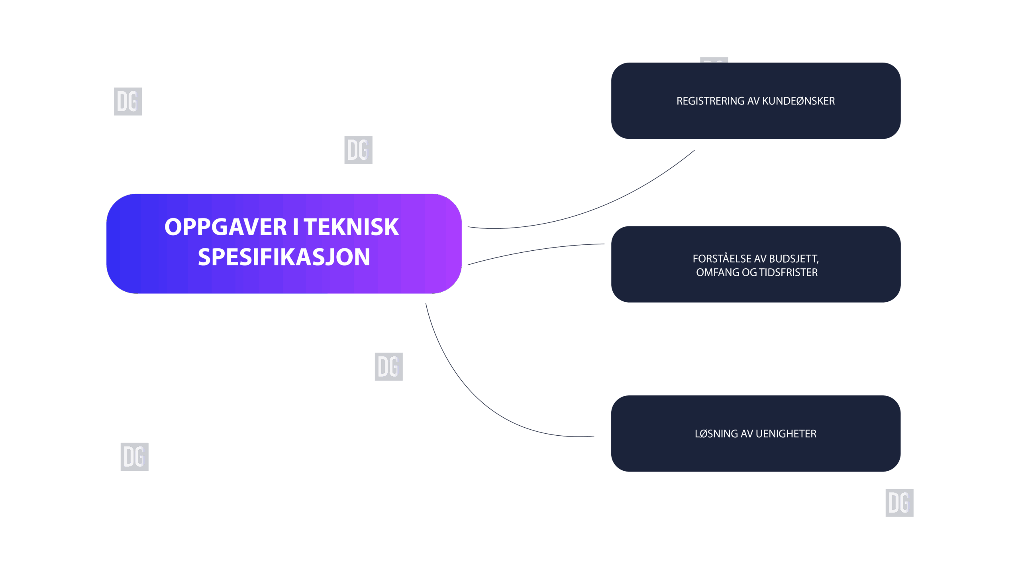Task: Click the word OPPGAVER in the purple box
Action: (x=225, y=227)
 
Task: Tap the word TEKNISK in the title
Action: (x=351, y=227)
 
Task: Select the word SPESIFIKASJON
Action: (x=284, y=257)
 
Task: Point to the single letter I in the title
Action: (x=295, y=227)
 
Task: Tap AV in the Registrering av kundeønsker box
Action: (x=753, y=101)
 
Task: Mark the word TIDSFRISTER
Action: (x=788, y=273)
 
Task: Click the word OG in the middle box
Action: (x=749, y=273)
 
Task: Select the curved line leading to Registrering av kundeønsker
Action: (x=598, y=207)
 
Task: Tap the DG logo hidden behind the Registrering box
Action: (x=714, y=60)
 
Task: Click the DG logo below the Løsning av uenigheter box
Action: (x=899, y=503)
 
